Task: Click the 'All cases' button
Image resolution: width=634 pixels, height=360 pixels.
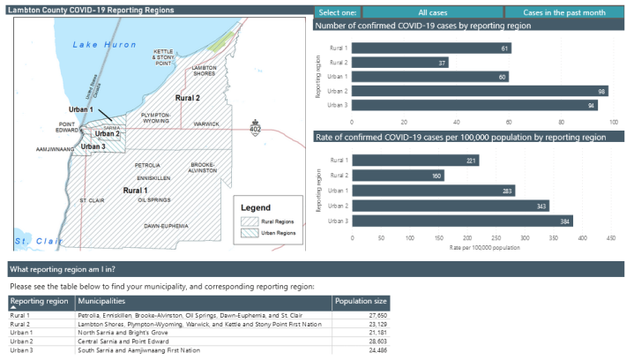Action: click(x=432, y=13)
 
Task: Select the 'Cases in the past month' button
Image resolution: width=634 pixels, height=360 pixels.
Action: click(x=563, y=13)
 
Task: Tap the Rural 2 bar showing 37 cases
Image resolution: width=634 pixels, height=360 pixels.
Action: click(x=400, y=63)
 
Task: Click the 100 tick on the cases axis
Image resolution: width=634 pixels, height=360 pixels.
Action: click(x=614, y=122)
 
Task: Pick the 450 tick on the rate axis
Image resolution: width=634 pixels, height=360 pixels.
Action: click(x=610, y=237)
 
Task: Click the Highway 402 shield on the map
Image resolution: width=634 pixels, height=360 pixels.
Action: click(x=256, y=129)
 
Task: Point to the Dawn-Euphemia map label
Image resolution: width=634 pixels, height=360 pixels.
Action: click(x=166, y=227)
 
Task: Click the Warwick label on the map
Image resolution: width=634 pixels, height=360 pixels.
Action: click(x=206, y=124)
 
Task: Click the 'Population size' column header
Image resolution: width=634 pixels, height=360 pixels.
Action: click(x=360, y=302)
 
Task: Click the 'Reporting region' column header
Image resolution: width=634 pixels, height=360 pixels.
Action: click(x=39, y=302)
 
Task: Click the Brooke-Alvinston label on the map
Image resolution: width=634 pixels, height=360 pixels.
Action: click(x=203, y=168)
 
